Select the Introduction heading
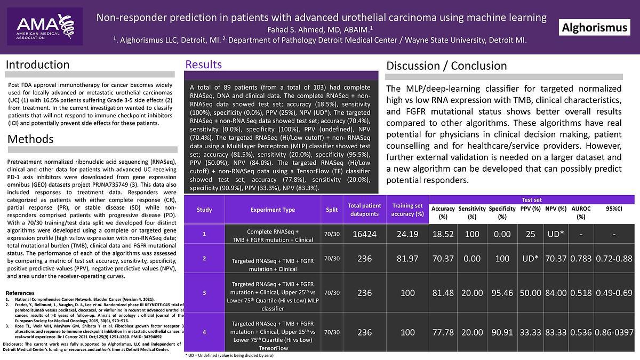tap(37, 65)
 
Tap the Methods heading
tap(30, 139)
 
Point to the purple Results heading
tap(203, 65)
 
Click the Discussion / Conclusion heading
tap(446, 66)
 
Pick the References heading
tap(20, 293)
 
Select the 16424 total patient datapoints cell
tap(365, 234)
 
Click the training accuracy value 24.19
tap(407, 234)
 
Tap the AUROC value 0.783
tap(581, 259)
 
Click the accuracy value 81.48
tap(443, 293)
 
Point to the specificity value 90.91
tap(502, 332)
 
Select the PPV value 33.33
tap(530, 332)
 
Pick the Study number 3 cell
tap(204, 293)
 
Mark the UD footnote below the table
tap(229, 355)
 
